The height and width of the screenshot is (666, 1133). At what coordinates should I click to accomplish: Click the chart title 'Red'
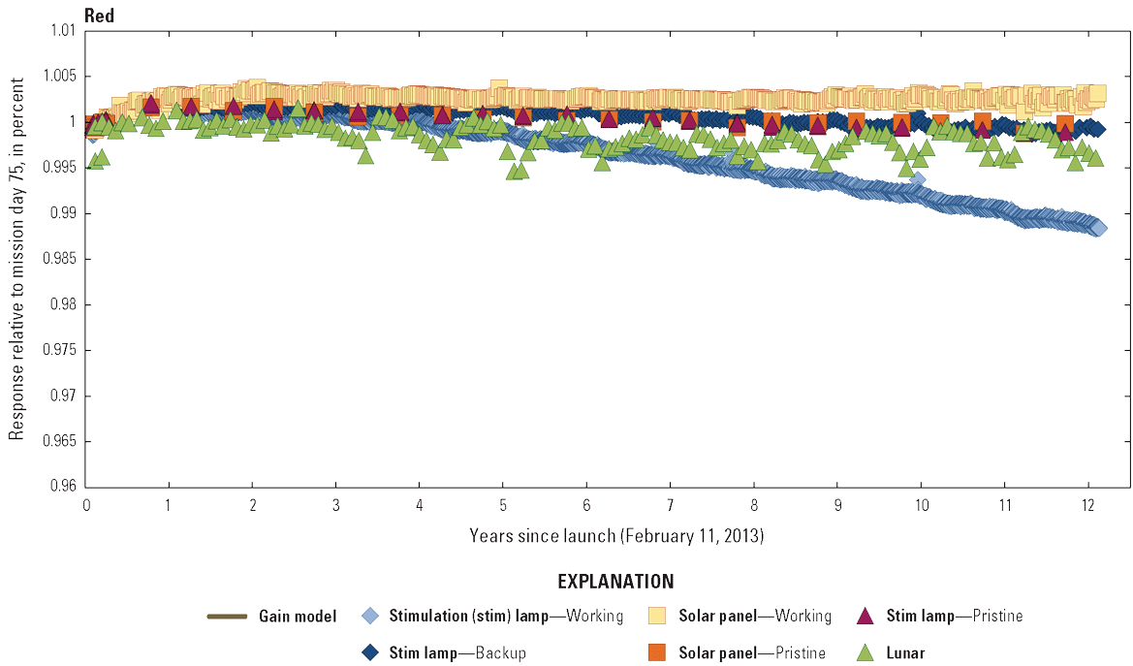tap(100, 15)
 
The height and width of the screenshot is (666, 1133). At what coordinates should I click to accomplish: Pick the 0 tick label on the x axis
tap(86, 505)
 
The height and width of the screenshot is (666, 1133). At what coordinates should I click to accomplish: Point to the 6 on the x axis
tap(586, 505)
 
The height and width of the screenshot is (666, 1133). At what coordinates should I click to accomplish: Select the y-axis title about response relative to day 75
tap(16, 259)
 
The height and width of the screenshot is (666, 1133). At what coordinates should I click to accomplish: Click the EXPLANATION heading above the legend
tap(615, 583)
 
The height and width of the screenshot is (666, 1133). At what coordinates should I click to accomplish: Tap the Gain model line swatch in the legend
tap(226, 616)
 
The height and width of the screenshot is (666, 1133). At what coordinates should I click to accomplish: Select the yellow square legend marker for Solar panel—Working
tap(658, 616)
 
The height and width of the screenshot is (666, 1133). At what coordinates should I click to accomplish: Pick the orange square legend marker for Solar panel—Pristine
tap(658, 652)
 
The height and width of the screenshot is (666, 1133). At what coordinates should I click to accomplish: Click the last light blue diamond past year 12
tap(1098, 228)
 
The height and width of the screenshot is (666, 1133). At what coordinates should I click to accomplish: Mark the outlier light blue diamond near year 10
tap(917, 179)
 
